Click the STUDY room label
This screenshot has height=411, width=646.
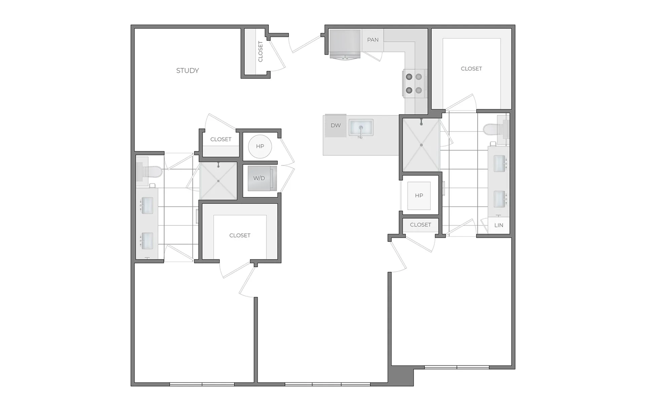pos(187,70)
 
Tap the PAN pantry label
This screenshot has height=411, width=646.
pos(373,40)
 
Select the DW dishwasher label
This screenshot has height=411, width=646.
pos(336,125)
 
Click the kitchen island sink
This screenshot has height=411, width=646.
pos(361,128)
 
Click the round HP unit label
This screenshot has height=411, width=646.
pos(260,146)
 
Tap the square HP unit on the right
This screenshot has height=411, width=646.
pos(419,195)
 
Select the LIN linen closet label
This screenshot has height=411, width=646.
pos(499,225)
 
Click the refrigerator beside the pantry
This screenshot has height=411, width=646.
pos(345,44)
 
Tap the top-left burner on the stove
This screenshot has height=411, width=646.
pos(409,77)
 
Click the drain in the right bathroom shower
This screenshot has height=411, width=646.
pos(421,145)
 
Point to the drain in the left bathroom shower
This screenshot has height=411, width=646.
pos(218,181)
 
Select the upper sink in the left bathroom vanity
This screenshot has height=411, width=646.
pos(147,205)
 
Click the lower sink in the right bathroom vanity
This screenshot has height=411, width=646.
pos(499,199)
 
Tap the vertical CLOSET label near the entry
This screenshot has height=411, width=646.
pos(260,52)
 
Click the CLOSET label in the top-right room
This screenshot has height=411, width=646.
pos(471,69)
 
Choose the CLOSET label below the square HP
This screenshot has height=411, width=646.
pos(421,225)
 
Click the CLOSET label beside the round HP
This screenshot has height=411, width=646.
pos(221,139)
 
